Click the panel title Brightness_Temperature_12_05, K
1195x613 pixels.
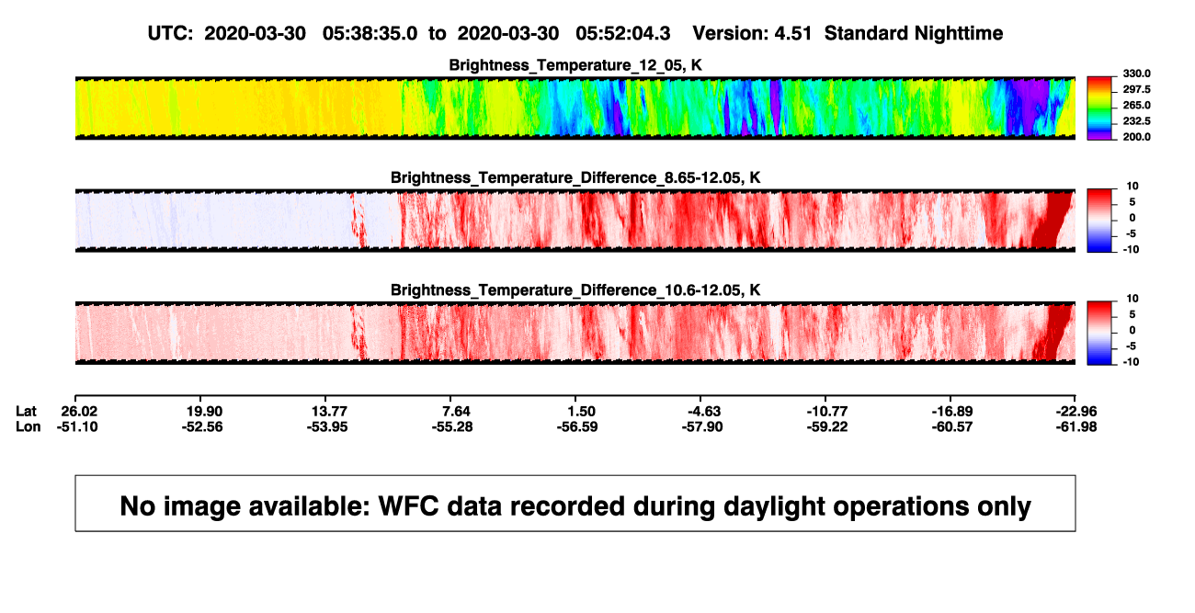tap(575, 65)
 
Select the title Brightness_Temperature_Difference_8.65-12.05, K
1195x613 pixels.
tap(575, 177)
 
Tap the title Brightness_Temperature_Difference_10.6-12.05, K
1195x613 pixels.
tap(575, 290)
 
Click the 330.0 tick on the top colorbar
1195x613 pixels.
tap(1136, 74)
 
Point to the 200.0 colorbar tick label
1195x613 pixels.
tap(1136, 137)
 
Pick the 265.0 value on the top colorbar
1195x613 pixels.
tap(1136, 105)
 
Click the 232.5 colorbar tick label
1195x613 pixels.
tap(1136, 121)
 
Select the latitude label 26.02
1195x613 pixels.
tap(79, 412)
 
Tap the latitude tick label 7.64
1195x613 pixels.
tap(456, 412)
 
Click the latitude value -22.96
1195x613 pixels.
tap(1076, 412)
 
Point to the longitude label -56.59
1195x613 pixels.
tap(576, 426)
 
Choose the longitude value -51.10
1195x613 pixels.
tap(77, 426)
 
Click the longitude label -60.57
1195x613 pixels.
tap(951, 426)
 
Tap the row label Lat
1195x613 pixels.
tap(26, 412)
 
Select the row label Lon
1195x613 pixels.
tap(28, 426)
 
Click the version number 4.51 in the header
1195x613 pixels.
tap(792, 33)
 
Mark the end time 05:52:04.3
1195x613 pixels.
tap(622, 33)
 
